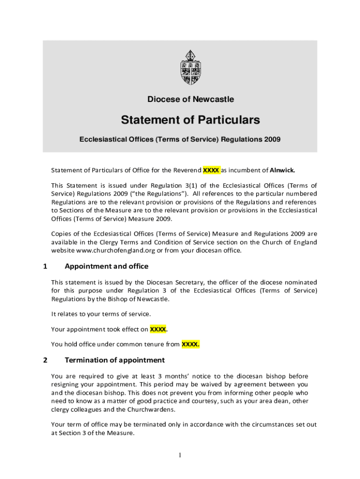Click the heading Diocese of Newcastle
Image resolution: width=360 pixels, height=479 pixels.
(x=191, y=99)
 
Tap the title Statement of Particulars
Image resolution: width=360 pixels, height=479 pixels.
(x=190, y=120)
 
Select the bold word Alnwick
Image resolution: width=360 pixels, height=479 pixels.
(x=282, y=170)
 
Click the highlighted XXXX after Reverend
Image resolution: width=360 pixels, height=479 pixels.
(x=211, y=170)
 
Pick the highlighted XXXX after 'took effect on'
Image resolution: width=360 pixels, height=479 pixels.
(x=158, y=329)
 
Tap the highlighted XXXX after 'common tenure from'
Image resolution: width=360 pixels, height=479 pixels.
(x=190, y=345)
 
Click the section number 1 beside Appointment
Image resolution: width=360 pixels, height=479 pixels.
(x=45, y=267)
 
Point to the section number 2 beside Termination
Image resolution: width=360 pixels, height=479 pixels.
(x=45, y=360)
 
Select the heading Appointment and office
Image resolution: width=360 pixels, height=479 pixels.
(x=107, y=267)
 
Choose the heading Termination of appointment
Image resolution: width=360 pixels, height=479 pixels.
(x=115, y=360)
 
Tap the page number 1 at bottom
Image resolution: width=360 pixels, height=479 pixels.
(x=180, y=456)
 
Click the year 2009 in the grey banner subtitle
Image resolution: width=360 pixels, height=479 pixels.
(x=271, y=139)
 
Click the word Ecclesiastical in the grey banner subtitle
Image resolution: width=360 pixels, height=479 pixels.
(x=102, y=139)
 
